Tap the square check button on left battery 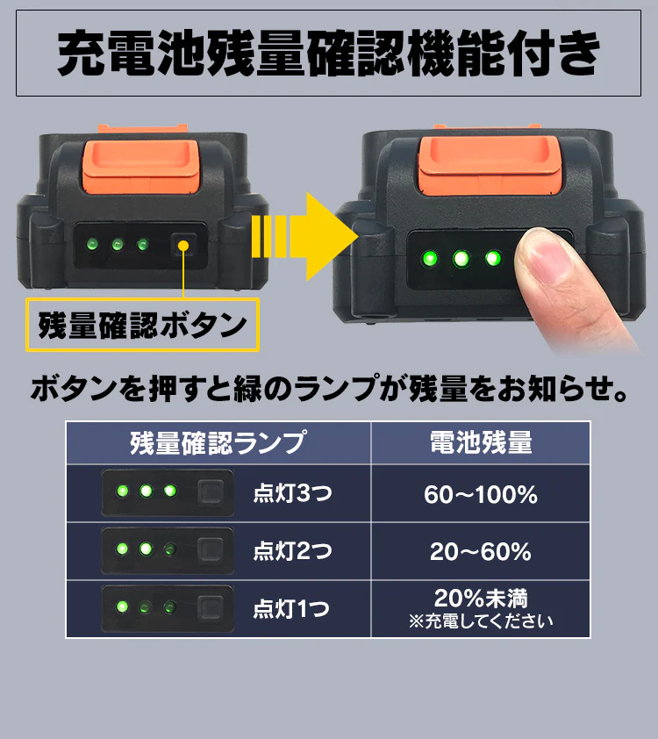(x=183, y=244)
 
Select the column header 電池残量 (x=480, y=442)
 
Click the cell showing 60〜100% (x=480, y=495)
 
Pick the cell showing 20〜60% (x=480, y=552)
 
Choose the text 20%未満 (x=480, y=599)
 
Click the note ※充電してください (x=480, y=621)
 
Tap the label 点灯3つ (x=292, y=495)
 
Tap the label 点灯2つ (x=292, y=552)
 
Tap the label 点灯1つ (x=292, y=609)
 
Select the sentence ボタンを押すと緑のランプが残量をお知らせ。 (x=329, y=387)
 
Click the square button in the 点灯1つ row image (x=210, y=607)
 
